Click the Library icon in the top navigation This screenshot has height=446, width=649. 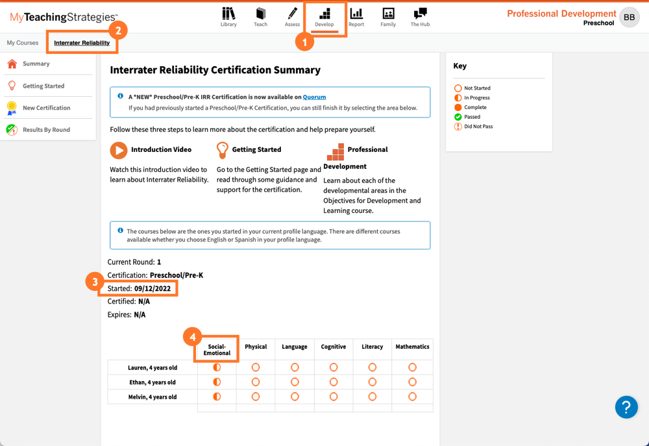(228, 14)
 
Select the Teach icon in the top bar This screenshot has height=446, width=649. (260, 14)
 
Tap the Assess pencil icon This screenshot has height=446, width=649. (292, 14)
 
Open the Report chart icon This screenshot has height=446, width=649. (356, 14)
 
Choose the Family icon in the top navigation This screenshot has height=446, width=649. (388, 14)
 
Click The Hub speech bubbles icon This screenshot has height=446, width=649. (420, 14)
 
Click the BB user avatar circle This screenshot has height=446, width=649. (629, 18)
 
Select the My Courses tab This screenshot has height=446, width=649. (23, 43)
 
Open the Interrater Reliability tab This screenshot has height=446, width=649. (82, 43)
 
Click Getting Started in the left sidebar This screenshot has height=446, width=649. (43, 86)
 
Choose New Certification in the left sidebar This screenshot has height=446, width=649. (46, 108)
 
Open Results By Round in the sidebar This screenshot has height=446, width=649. (46, 130)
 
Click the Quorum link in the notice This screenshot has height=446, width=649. (314, 97)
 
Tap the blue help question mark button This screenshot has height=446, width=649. (626, 407)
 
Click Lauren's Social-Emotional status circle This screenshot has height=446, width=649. (217, 367)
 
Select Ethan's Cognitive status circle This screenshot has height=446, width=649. (334, 382)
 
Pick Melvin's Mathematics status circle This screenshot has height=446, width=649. (412, 397)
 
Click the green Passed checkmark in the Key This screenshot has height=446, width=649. (458, 117)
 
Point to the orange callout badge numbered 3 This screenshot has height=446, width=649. (95, 282)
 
